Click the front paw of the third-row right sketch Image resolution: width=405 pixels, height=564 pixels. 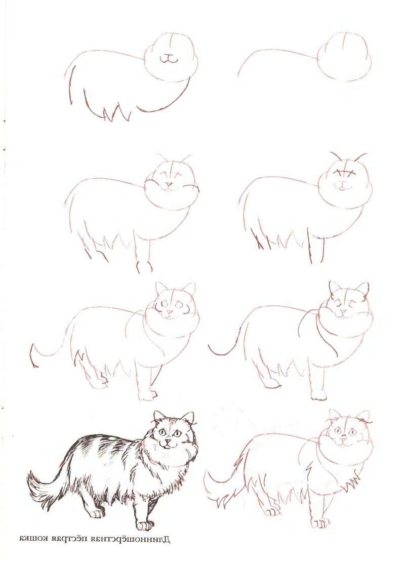[x=318, y=394]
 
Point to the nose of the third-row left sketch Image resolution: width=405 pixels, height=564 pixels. [x=167, y=312]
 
